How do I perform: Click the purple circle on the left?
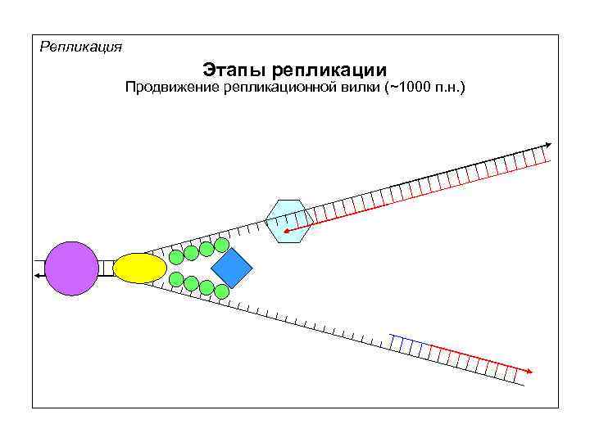pyautogui.click(x=71, y=268)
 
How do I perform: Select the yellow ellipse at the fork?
pyautogui.click(x=139, y=268)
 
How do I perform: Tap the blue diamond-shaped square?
pyautogui.click(x=231, y=267)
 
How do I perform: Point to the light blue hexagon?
pyautogui.click(x=288, y=221)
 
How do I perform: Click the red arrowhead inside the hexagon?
pyautogui.click(x=286, y=232)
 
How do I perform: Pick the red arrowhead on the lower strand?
pyautogui.click(x=529, y=372)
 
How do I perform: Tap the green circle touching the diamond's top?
pyautogui.click(x=220, y=244)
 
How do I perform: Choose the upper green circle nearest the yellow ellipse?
pyautogui.click(x=176, y=256)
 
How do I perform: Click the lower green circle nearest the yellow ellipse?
pyautogui.click(x=176, y=278)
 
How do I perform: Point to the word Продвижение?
pyautogui.click(x=170, y=88)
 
